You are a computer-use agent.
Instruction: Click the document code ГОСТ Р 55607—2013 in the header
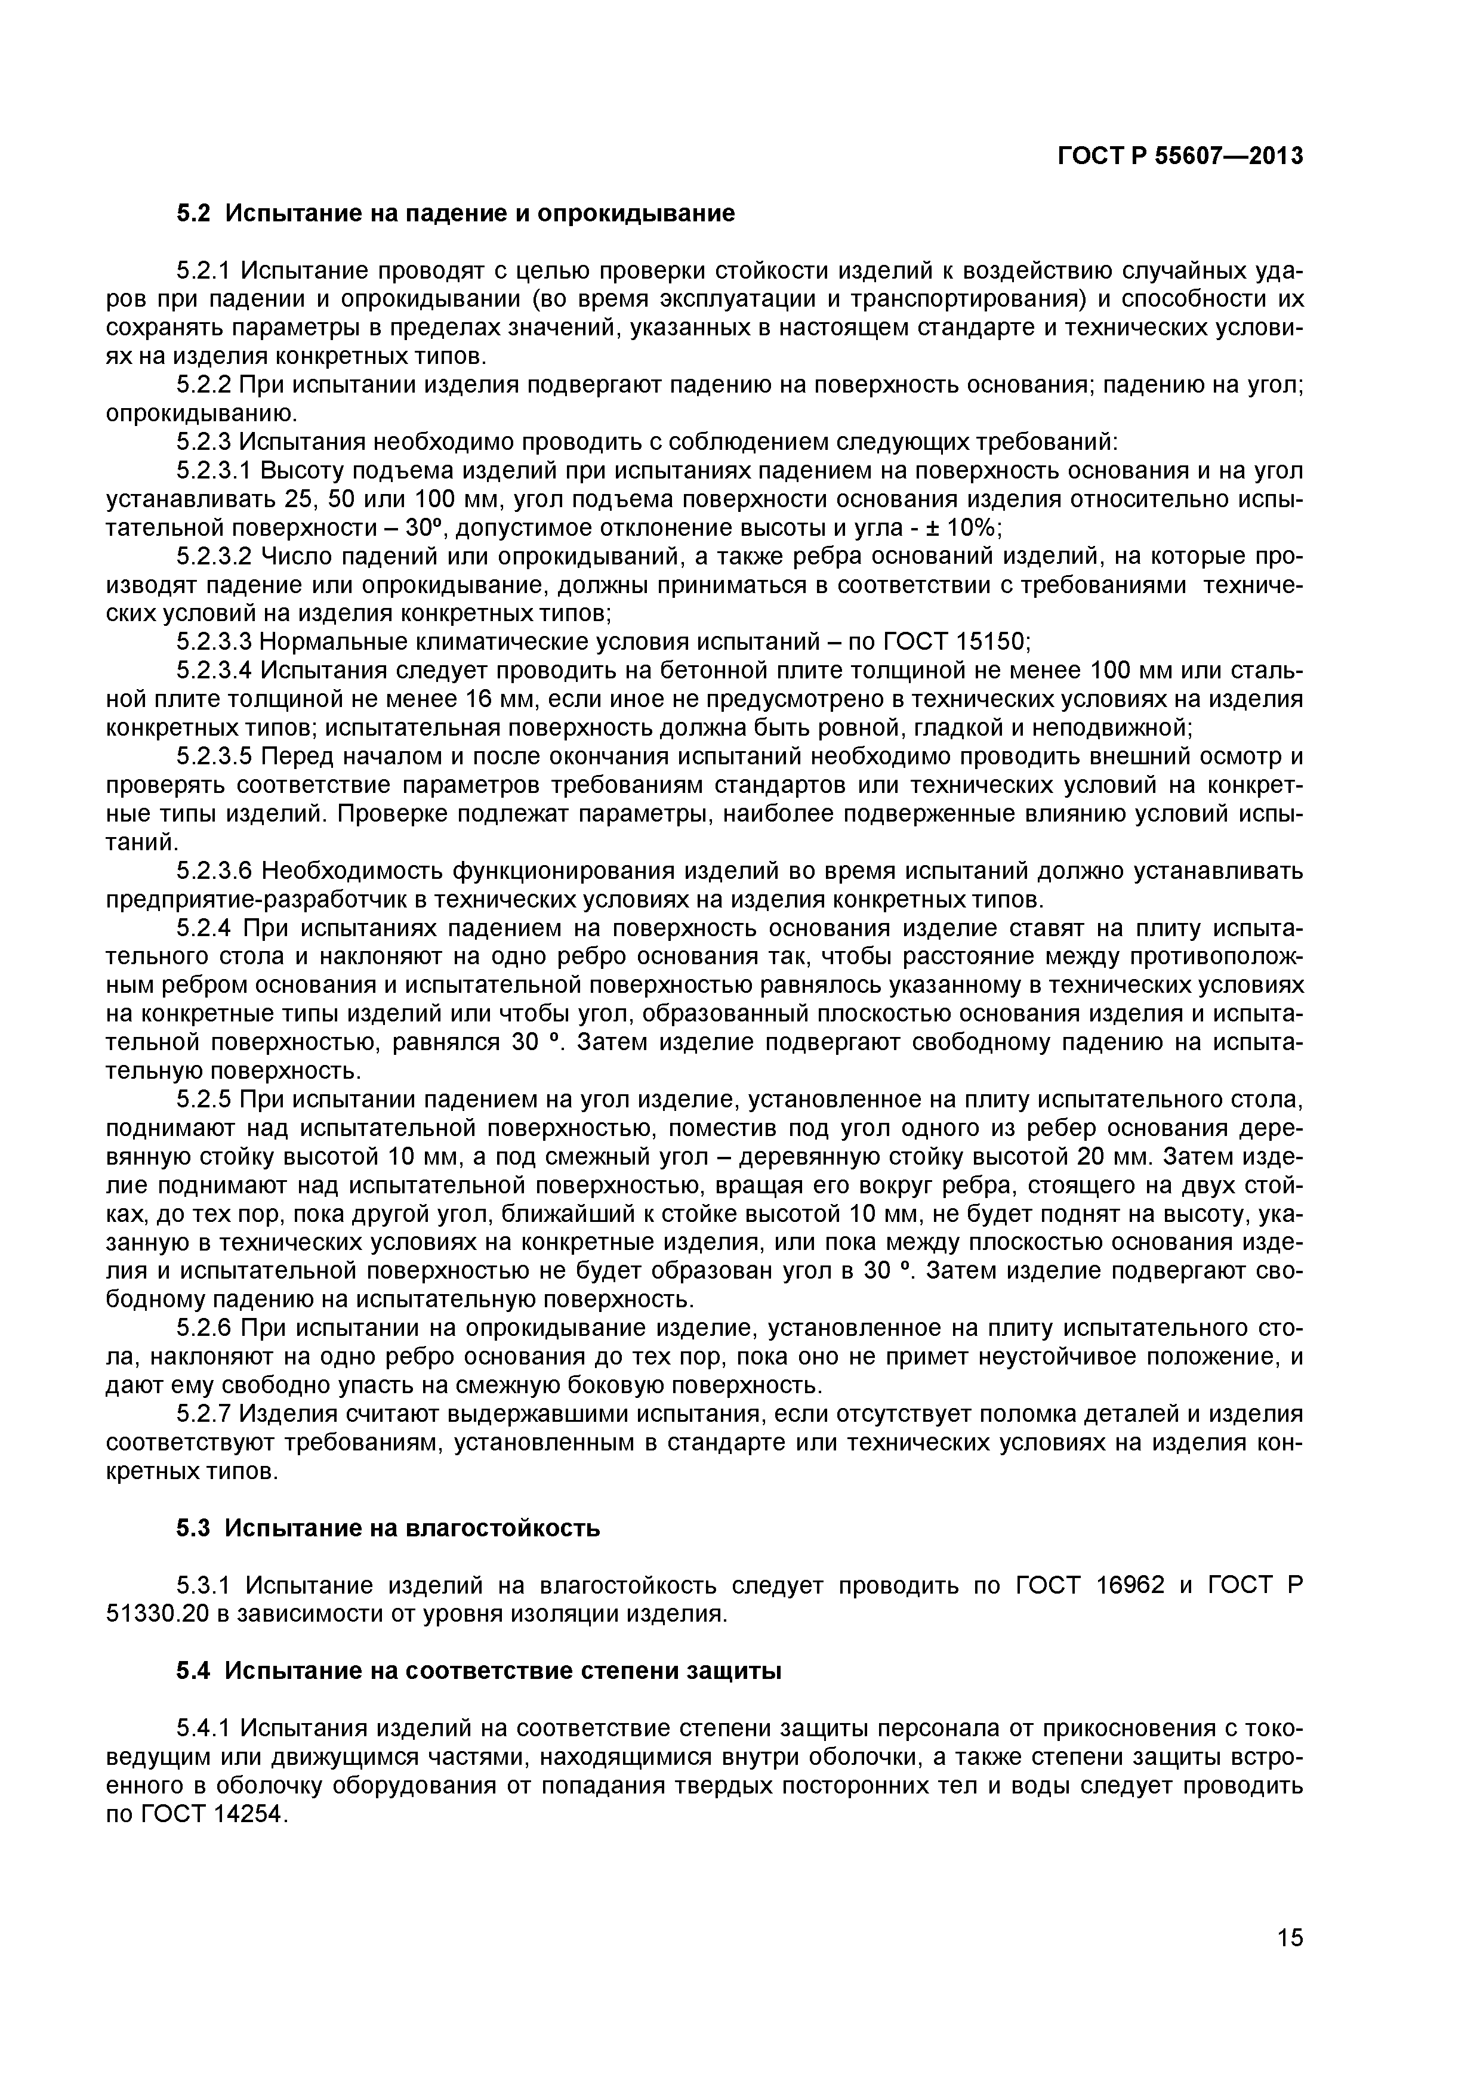click(1180, 157)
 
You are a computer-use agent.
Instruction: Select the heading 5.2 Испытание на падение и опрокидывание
click(455, 214)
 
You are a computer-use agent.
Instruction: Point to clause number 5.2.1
click(205, 271)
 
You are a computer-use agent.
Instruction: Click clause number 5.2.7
click(205, 1414)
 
